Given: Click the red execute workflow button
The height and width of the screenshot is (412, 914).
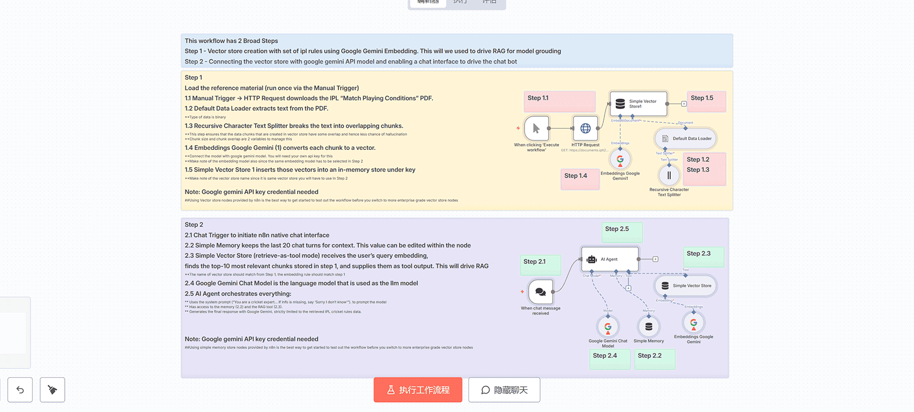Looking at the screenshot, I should click(x=418, y=390).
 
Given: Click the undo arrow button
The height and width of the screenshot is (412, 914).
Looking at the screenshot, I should click(x=20, y=390).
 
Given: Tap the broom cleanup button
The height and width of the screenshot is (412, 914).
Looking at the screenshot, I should click(x=52, y=390).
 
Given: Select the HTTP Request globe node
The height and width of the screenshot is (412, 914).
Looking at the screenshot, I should click(x=585, y=129).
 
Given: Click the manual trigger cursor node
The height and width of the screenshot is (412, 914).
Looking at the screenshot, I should click(x=536, y=129).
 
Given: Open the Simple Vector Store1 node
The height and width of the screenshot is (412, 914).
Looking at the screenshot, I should click(x=638, y=104).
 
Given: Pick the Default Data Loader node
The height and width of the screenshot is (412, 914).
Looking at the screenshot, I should click(x=685, y=138).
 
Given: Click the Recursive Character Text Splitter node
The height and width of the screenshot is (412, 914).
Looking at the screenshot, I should click(x=669, y=175).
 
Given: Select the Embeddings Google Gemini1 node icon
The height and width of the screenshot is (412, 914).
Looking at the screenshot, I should click(x=620, y=159).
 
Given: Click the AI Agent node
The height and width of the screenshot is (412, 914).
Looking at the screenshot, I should click(x=610, y=259).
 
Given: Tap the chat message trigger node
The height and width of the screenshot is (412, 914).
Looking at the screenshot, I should click(x=540, y=292).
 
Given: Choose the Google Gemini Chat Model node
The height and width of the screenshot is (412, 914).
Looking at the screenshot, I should click(x=608, y=327).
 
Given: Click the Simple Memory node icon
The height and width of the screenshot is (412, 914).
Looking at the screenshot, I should click(x=649, y=327).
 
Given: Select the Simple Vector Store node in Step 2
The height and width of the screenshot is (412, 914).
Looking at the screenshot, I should click(x=685, y=286).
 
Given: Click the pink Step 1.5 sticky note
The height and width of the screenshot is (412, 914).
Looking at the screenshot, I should click(x=706, y=101).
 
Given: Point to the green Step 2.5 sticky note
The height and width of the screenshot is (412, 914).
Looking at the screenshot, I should click(x=622, y=232).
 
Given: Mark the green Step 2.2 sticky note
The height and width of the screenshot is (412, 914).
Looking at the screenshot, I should click(x=654, y=359).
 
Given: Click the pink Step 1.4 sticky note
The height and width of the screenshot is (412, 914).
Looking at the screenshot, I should click(x=580, y=179).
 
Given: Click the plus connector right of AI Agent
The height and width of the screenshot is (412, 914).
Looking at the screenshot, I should click(x=656, y=259).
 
